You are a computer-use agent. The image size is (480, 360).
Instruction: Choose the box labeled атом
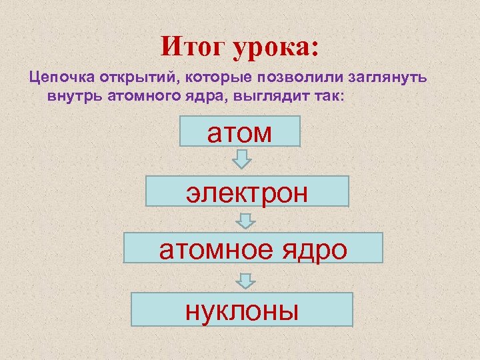click(x=241, y=131)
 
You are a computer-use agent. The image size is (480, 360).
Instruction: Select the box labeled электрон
click(x=247, y=191)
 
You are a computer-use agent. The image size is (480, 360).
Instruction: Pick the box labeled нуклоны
click(x=242, y=309)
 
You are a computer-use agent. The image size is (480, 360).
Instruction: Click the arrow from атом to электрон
click(x=242, y=159)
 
